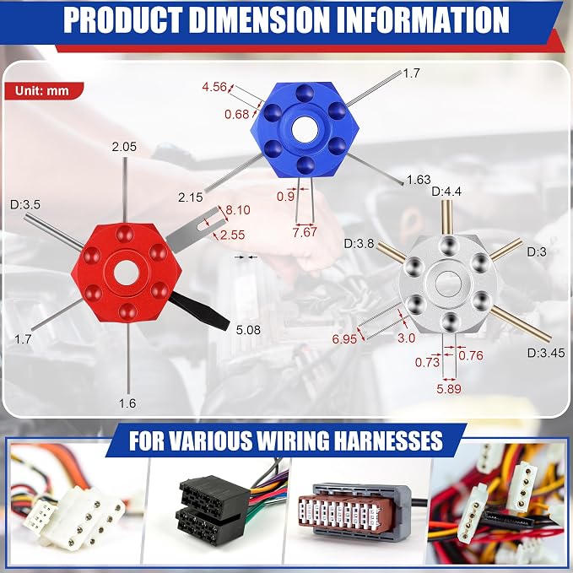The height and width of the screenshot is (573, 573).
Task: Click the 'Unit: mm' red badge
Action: coord(44,90)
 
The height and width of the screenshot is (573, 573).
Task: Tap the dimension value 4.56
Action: coord(214,87)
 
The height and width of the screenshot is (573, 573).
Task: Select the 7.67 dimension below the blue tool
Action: coord(305,232)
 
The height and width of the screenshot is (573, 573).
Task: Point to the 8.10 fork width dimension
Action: coord(238,210)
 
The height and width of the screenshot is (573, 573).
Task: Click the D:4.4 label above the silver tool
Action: coord(446,191)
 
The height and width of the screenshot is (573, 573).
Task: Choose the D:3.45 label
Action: coord(546,353)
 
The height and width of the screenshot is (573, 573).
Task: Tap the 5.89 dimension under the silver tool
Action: coord(449,388)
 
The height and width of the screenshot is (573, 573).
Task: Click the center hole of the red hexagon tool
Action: coord(126,273)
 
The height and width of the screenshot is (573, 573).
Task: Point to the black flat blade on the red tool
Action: coord(200,311)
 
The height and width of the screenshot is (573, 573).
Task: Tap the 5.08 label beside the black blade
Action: coord(248,330)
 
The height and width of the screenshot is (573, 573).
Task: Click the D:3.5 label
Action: coord(25,204)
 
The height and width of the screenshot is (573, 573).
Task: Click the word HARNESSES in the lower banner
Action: coord(388,440)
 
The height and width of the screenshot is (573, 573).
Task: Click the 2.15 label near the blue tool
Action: coord(191,197)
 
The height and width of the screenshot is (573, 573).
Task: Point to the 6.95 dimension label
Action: coord(344,339)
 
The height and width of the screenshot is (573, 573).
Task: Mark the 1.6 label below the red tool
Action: coord(127,403)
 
